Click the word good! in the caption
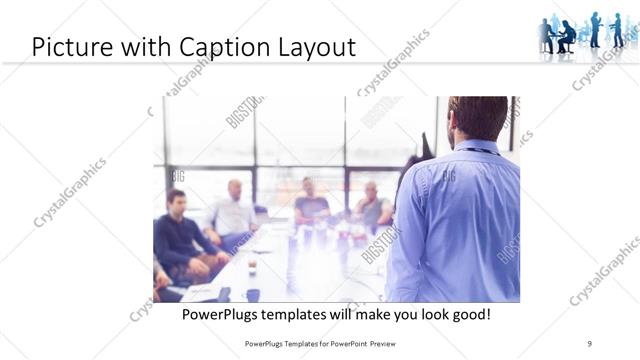pos(468,314)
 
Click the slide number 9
pos(590,344)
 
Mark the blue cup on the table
pos(252,294)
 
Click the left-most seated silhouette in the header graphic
pos(547,36)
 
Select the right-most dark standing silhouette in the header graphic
pos(618,29)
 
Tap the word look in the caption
pos(422,314)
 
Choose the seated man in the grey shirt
pos(372,207)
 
